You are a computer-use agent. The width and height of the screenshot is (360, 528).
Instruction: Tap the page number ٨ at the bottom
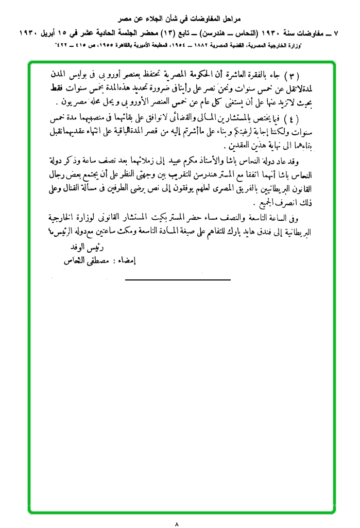pyautogui.click(x=177, y=524)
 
